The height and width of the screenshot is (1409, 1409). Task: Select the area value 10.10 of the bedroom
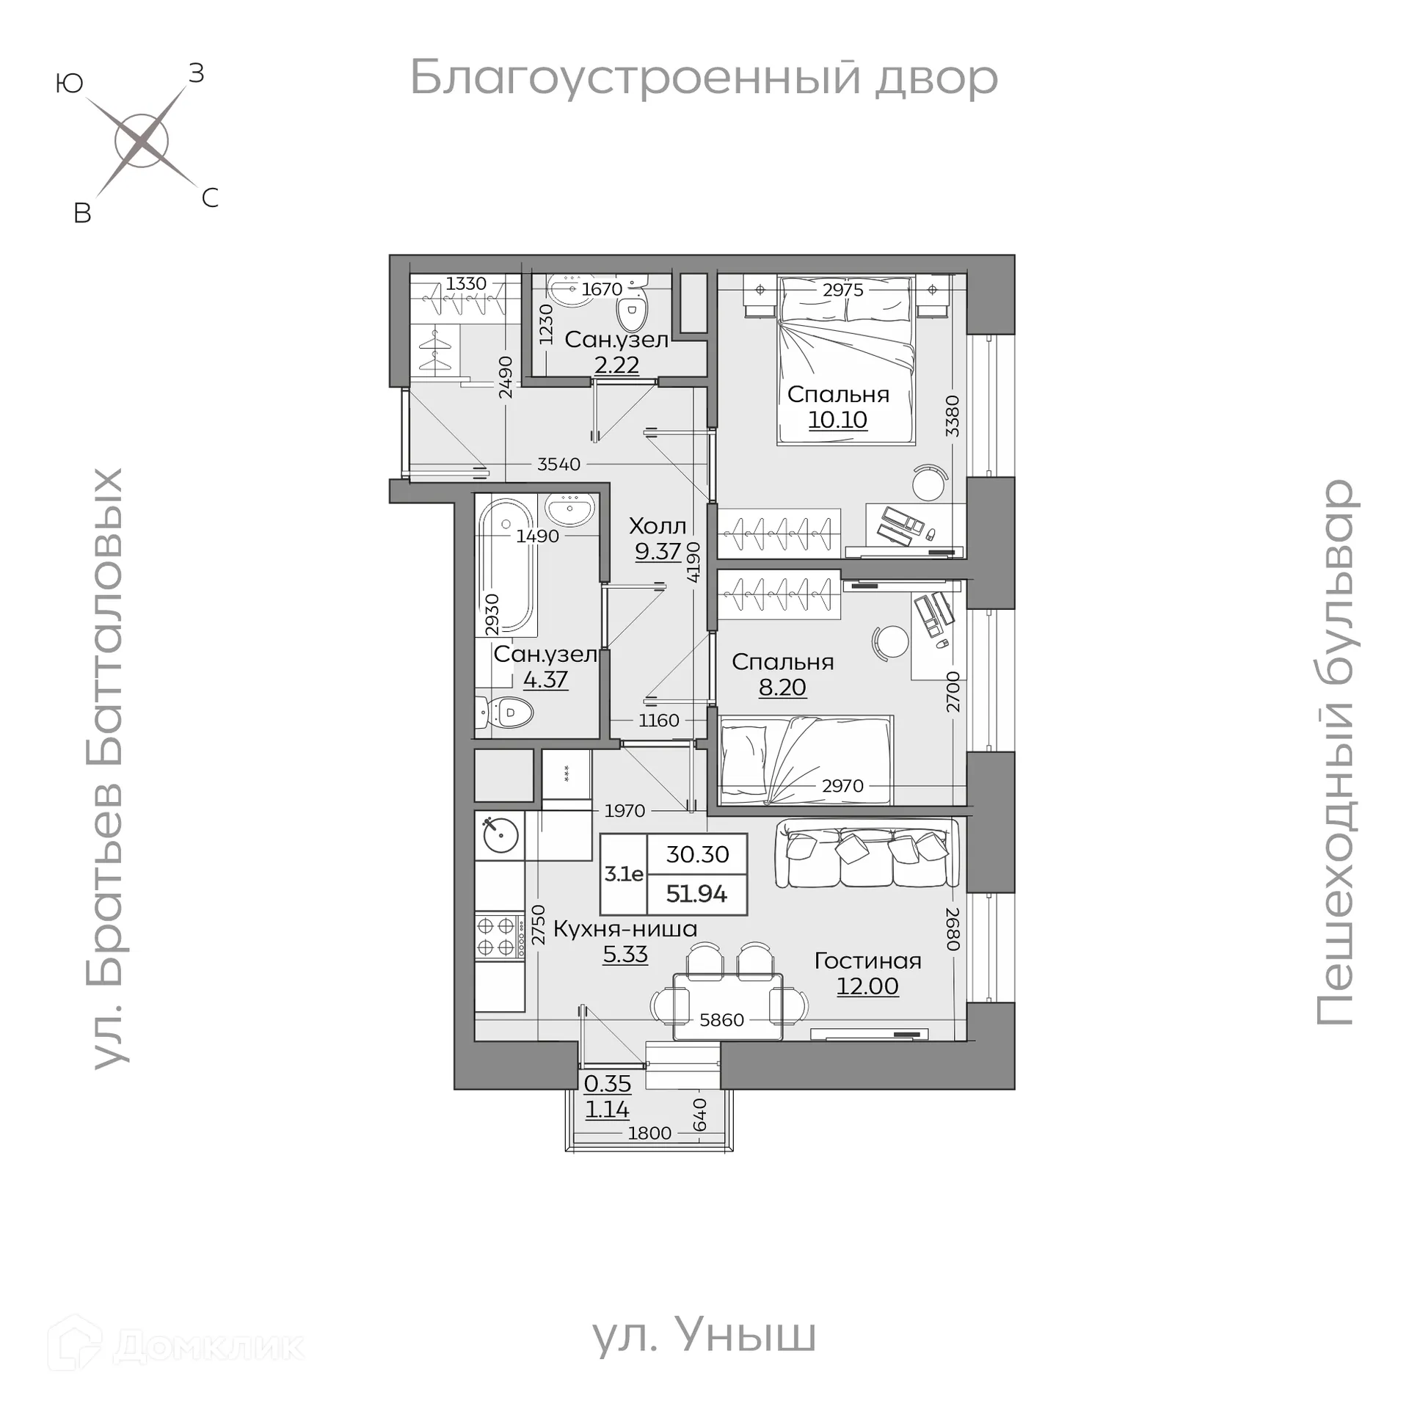pyautogui.click(x=837, y=420)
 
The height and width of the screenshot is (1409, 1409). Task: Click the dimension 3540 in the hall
pyautogui.click(x=558, y=464)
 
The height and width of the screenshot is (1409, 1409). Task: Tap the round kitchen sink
pyautogui.click(x=500, y=834)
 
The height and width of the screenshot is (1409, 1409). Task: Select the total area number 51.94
pyautogui.click(x=696, y=894)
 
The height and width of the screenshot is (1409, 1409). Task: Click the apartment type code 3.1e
pyautogui.click(x=623, y=874)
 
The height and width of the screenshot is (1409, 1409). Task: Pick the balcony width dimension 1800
pyautogui.click(x=649, y=1133)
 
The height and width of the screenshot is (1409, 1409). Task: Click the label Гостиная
pyautogui.click(x=867, y=961)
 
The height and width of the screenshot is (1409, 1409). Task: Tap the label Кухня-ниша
pyautogui.click(x=625, y=928)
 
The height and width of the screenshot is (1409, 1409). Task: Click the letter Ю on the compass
pyautogui.click(x=69, y=84)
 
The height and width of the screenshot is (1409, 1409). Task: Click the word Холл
pyautogui.click(x=658, y=525)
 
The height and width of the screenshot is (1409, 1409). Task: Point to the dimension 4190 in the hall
pyautogui.click(x=693, y=562)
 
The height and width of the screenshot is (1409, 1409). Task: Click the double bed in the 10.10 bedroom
pyautogui.click(x=845, y=360)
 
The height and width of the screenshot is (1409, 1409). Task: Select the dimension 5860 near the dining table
pyautogui.click(x=721, y=1019)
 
